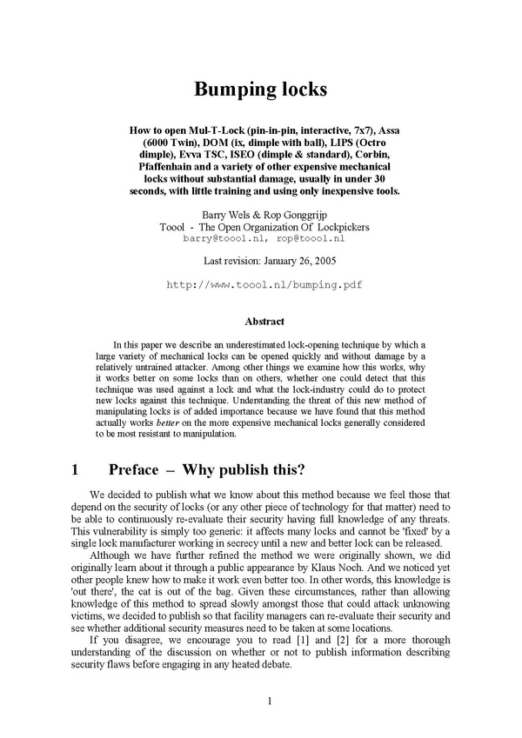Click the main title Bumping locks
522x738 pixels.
coord(261,90)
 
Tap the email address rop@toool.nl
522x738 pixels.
coord(311,237)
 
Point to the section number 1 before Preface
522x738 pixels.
coord(76,470)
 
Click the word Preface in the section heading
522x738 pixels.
coord(133,470)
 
